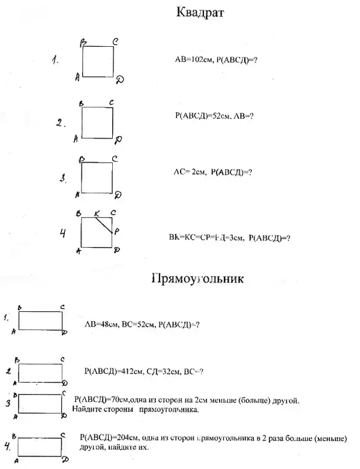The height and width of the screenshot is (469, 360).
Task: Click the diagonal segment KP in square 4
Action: click(105, 225)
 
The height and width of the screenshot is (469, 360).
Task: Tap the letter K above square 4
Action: click(97, 213)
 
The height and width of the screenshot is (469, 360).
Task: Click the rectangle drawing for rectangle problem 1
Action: click(41, 320)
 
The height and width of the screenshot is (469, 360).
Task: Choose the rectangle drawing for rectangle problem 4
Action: click(40, 447)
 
